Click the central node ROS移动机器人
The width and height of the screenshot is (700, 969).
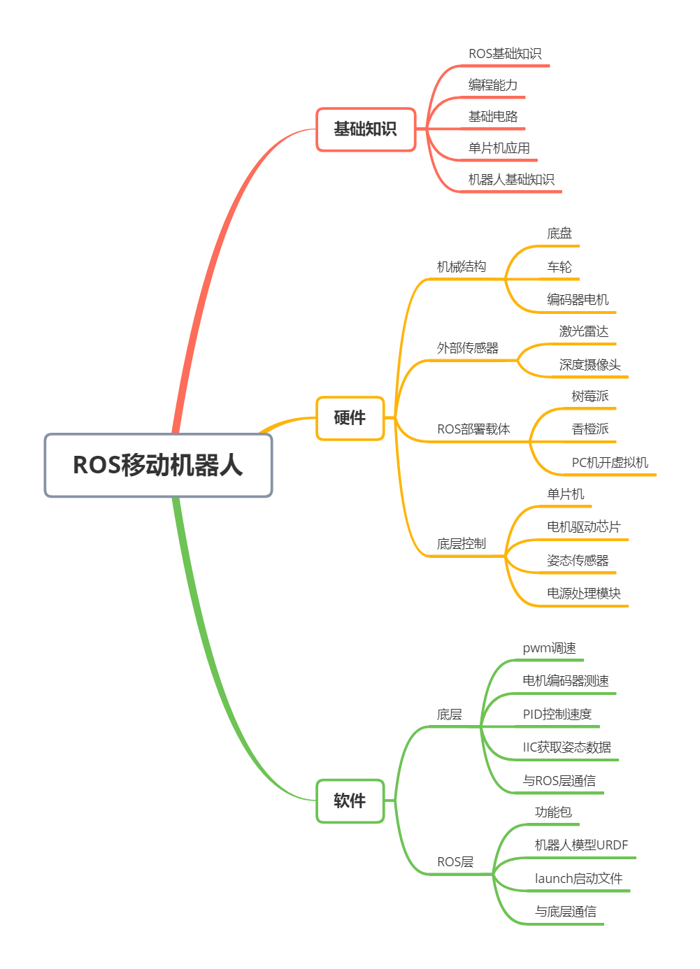point(158,465)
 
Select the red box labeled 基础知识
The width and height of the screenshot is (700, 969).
point(366,129)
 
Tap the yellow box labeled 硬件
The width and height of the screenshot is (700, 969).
point(350,418)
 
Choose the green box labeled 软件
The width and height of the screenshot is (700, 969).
point(350,801)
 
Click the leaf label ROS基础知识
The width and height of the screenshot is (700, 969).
point(505,54)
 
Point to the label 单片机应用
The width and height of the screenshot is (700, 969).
point(499,148)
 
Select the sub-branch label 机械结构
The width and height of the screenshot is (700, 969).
point(461,266)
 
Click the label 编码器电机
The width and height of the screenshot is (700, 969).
point(578,300)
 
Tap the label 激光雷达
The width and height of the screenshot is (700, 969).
point(584,331)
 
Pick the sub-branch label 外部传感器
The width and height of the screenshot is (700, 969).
point(467,348)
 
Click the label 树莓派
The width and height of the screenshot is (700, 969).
point(590,396)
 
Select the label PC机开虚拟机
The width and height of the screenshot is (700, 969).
point(610,463)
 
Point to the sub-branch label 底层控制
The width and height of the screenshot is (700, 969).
point(461,544)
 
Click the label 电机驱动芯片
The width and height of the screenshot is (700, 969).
point(583,527)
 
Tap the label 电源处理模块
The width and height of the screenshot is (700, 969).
point(583,594)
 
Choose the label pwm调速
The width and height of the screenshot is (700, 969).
point(550,648)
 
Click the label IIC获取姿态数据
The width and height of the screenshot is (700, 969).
point(566,747)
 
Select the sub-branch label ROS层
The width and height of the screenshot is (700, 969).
point(455,862)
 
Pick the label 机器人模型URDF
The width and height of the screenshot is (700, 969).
point(581,845)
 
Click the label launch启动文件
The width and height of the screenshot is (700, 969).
point(578,879)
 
